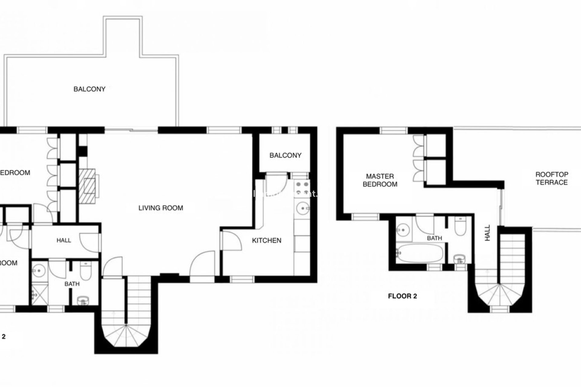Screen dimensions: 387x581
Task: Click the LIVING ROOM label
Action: coord(161,208)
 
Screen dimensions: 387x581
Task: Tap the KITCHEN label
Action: coord(267,241)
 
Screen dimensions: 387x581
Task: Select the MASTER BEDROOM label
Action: coord(380,180)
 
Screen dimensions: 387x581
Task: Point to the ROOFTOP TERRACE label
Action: coord(552,178)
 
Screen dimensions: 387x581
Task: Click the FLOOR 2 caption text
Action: coord(402,296)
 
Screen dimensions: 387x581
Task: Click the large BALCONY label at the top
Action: coord(89,89)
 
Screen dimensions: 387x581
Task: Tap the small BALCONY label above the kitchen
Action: coord(285,155)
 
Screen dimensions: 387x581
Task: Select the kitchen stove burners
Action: coord(302,188)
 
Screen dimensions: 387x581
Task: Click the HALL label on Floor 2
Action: coord(487,233)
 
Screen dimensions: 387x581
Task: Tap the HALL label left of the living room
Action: coord(64,241)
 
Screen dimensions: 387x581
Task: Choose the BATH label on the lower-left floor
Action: coord(72,284)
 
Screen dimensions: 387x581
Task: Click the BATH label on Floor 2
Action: coord(434,239)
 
